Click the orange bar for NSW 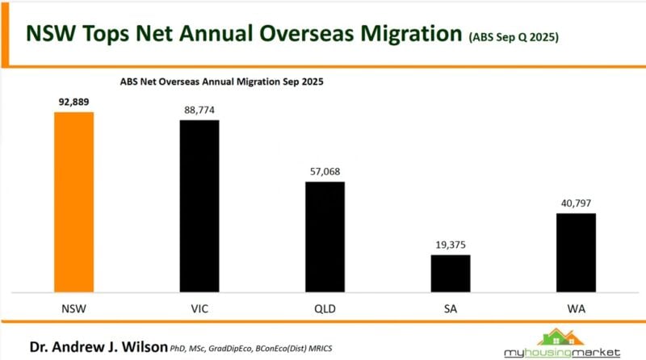73,202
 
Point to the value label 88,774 199,110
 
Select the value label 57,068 325,172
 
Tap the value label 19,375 450,245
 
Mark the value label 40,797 576,203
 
